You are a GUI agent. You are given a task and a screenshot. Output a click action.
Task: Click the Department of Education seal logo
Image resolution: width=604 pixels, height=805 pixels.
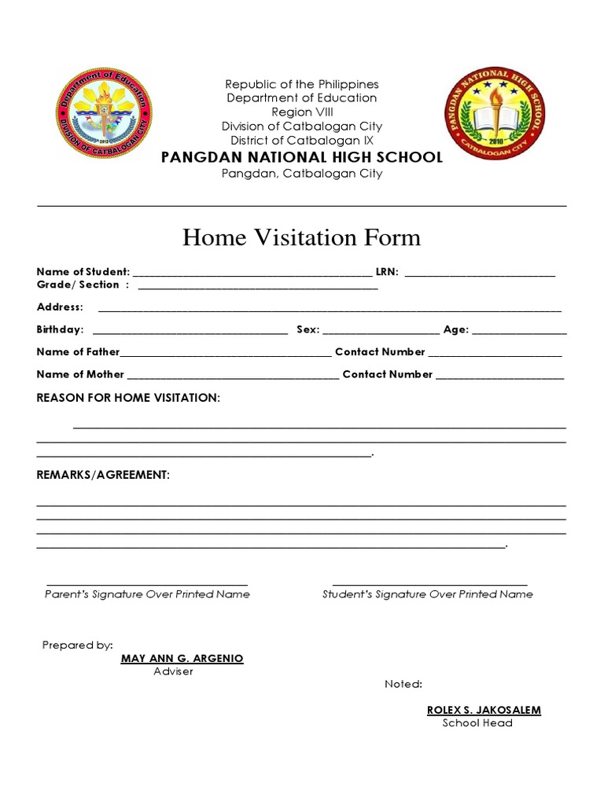pos(105,114)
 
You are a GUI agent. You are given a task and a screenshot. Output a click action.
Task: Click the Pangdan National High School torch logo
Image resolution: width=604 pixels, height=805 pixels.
pos(495,114)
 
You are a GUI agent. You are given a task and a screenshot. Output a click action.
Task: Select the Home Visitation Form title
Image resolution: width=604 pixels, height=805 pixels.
pos(301,237)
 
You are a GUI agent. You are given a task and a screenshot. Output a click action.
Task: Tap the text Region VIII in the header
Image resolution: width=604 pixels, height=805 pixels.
pos(302,112)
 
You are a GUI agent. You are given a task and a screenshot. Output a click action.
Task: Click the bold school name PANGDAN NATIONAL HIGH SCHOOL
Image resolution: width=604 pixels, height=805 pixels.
pos(302,157)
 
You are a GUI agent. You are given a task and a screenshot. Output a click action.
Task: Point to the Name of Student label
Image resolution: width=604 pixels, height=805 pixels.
pos(83,272)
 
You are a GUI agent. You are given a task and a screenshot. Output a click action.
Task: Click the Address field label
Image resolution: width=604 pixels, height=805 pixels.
pos(60,307)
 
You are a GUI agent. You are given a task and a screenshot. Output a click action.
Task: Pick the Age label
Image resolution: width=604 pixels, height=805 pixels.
pos(456,330)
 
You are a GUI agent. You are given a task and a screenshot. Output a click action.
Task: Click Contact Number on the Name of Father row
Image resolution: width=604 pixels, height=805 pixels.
pos(380,352)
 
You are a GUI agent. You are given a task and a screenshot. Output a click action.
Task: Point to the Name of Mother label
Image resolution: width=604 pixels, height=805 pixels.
pos(80,374)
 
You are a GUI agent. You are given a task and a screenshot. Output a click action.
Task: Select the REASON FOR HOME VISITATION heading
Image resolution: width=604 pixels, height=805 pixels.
pos(128,399)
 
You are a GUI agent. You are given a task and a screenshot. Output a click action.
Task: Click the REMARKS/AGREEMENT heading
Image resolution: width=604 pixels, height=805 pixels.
pos(103,476)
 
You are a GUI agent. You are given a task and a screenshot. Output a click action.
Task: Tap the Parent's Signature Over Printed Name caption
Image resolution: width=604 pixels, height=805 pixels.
pos(147,594)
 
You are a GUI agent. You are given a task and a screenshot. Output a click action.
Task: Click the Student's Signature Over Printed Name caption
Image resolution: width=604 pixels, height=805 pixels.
pos(427,594)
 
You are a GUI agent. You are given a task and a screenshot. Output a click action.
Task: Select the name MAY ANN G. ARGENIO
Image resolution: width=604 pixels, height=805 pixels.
pos(182,658)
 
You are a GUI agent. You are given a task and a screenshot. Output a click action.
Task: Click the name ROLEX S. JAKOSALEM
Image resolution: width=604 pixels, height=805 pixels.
pos(484,710)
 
